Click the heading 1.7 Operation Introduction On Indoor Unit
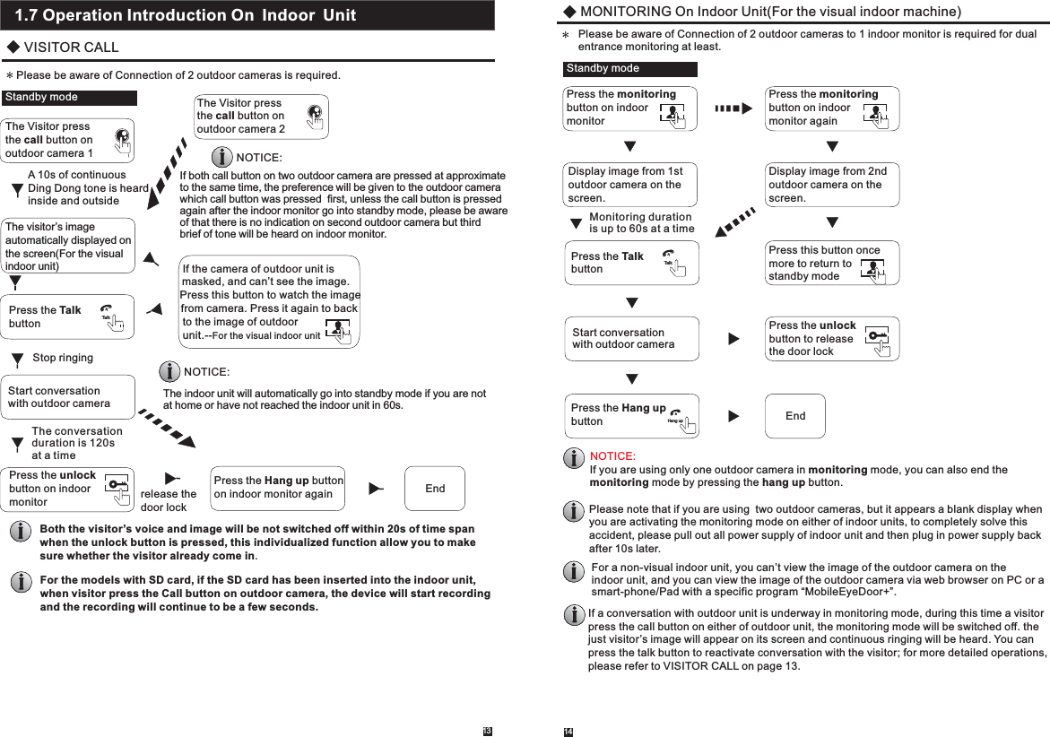click(x=186, y=15)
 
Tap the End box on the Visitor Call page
click(x=435, y=489)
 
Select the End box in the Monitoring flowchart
click(x=794, y=416)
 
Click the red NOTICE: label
click(x=613, y=456)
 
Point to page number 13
click(x=487, y=731)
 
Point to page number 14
click(x=568, y=732)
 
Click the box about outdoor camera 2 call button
click(x=261, y=117)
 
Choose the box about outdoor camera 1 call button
click(x=69, y=140)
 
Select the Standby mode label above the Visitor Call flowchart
click(x=70, y=98)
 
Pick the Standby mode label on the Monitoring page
click(x=629, y=69)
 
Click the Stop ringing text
click(x=63, y=358)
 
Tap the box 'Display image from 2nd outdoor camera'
click(x=833, y=185)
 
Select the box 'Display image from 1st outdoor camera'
click(x=630, y=185)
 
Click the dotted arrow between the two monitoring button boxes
click(x=733, y=108)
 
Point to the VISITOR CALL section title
click(x=70, y=48)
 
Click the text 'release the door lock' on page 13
click(x=169, y=500)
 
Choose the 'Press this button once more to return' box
click(x=833, y=263)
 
